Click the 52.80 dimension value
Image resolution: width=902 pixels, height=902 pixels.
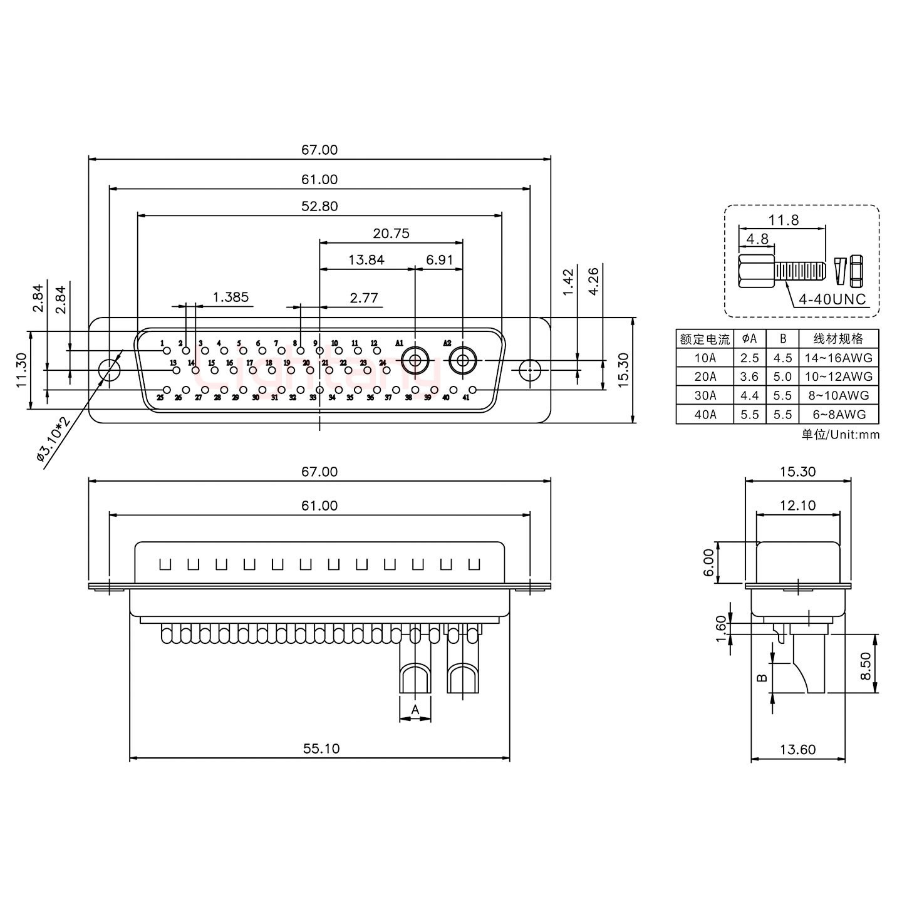(x=320, y=206)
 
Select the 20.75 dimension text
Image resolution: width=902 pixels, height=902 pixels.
(x=391, y=233)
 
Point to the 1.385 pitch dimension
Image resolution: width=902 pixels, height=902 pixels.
(x=231, y=297)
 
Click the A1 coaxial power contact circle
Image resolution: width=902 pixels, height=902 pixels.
(x=415, y=361)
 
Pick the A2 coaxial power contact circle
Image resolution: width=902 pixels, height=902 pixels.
(x=463, y=361)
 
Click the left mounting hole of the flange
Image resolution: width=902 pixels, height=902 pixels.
(x=110, y=370)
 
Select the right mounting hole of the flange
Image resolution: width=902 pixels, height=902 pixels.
(x=530, y=370)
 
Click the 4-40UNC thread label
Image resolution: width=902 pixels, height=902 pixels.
(x=832, y=299)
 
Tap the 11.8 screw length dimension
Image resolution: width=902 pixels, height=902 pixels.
(x=784, y=220)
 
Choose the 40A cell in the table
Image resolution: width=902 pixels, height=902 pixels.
(x=705, y=414)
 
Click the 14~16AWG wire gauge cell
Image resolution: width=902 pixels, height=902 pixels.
(x=839, y=358)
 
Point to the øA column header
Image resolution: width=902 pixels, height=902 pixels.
(x=749, y=339)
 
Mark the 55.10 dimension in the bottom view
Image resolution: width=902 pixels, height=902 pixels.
(x=321, y=748)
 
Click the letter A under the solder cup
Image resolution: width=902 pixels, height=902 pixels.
(x=415, y=710)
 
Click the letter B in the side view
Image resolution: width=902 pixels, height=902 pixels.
(x=762, y=678)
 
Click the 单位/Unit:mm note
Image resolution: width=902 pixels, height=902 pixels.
(x=840, y=434)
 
